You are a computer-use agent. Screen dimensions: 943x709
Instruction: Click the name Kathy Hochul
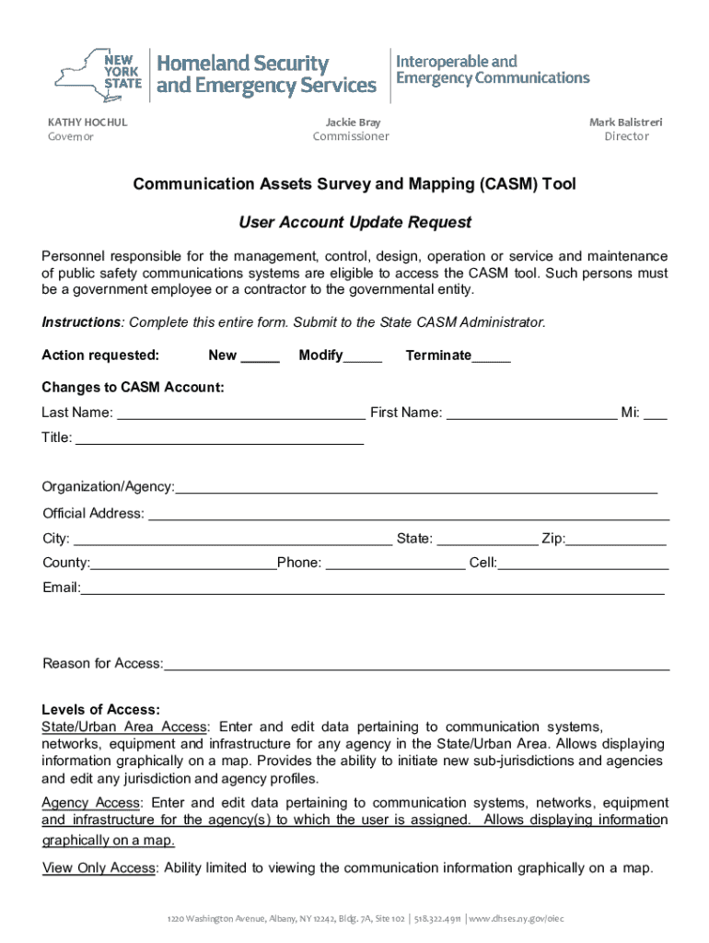click(87, 122)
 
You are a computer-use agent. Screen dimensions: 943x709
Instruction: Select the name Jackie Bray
click(352, 122)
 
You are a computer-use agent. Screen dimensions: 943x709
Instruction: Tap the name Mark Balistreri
click(625, 122)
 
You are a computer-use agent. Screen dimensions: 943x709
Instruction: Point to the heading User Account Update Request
click(354, 222)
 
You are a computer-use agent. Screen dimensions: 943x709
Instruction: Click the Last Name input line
click(240, 414)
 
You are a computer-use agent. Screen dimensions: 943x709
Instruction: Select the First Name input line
click(531, 414)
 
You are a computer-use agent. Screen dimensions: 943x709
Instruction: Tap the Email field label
click(61, 588)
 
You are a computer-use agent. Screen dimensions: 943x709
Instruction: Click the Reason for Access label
click(102, 664)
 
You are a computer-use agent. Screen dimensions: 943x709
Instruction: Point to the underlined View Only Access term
click(100, 867)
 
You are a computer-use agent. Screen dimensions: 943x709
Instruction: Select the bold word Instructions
click(82, 322)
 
